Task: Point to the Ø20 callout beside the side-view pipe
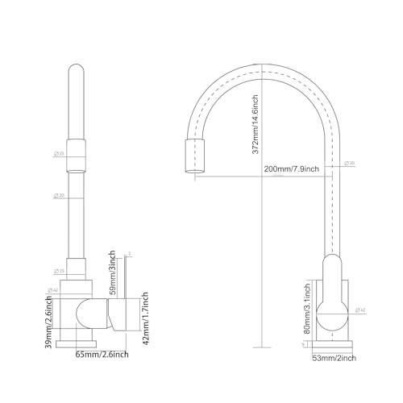click(349, 164)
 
